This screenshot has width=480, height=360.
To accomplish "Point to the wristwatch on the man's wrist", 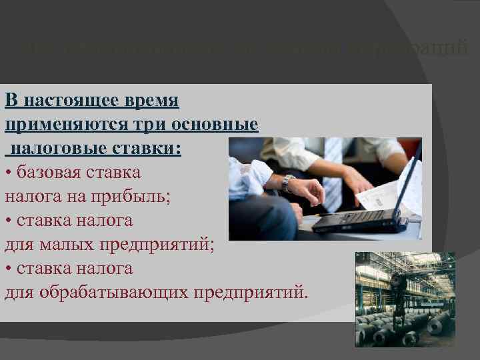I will [287, 182].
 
